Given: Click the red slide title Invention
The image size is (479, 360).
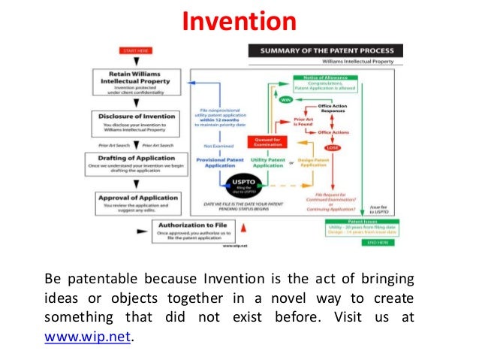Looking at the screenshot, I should pyautogui.click(x=239, y=20).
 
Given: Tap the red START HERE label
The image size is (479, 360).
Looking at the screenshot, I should pyautogui.click(x=134, y=50).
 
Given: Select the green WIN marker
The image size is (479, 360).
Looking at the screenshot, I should pyautogui.click(x=286, y=98).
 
